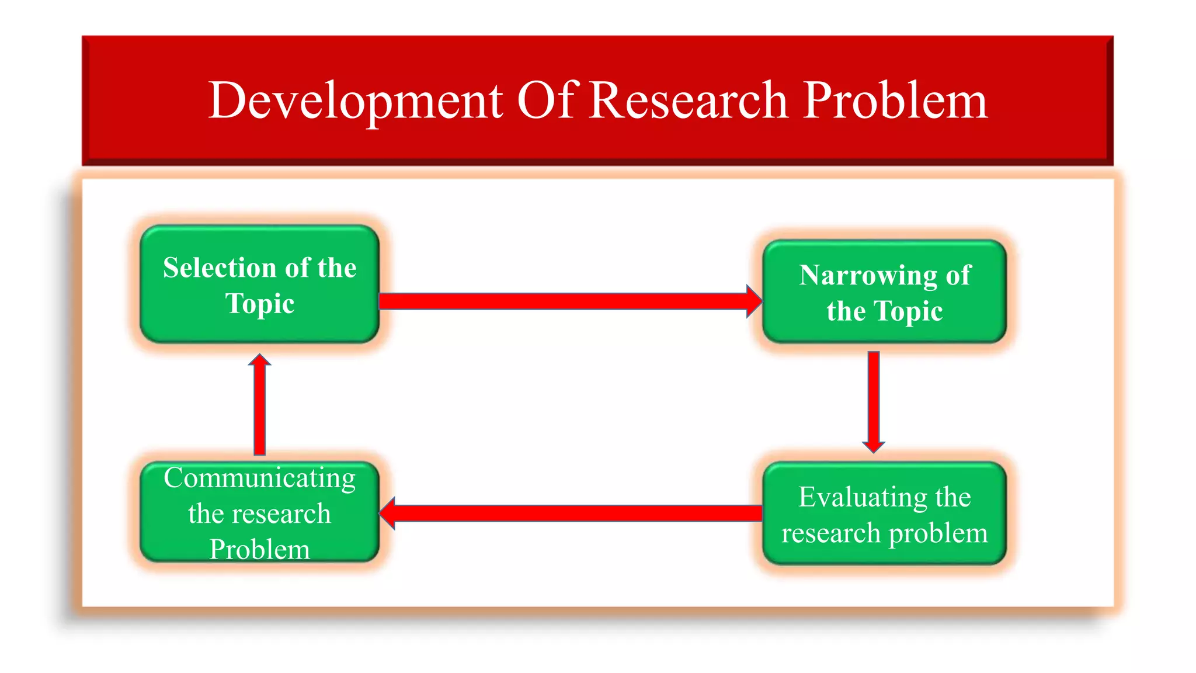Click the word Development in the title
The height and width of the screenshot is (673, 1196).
[x=355, y=101]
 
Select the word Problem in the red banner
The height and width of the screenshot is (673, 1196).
[x=895, y=101]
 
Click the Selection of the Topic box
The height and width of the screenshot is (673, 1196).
[x=260, y=285]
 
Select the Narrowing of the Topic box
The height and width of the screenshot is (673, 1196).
[x=884, y=292]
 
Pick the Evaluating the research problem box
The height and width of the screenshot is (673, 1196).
[x=884, y=514]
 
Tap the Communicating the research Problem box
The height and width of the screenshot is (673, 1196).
[x=260, y=513]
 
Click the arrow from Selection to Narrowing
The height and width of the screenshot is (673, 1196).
[x=561, y=301]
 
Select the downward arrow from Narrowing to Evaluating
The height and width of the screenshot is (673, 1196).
[x=874, y=400]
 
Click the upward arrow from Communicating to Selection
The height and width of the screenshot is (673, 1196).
[x=260, y=409]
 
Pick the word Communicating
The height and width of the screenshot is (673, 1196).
[x=260, y=478]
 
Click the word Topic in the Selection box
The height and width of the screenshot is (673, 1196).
[x=260, y=304]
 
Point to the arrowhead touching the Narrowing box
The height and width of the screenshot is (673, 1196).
[x=754, y=301]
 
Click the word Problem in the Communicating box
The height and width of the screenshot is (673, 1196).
[x=260, y=550]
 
